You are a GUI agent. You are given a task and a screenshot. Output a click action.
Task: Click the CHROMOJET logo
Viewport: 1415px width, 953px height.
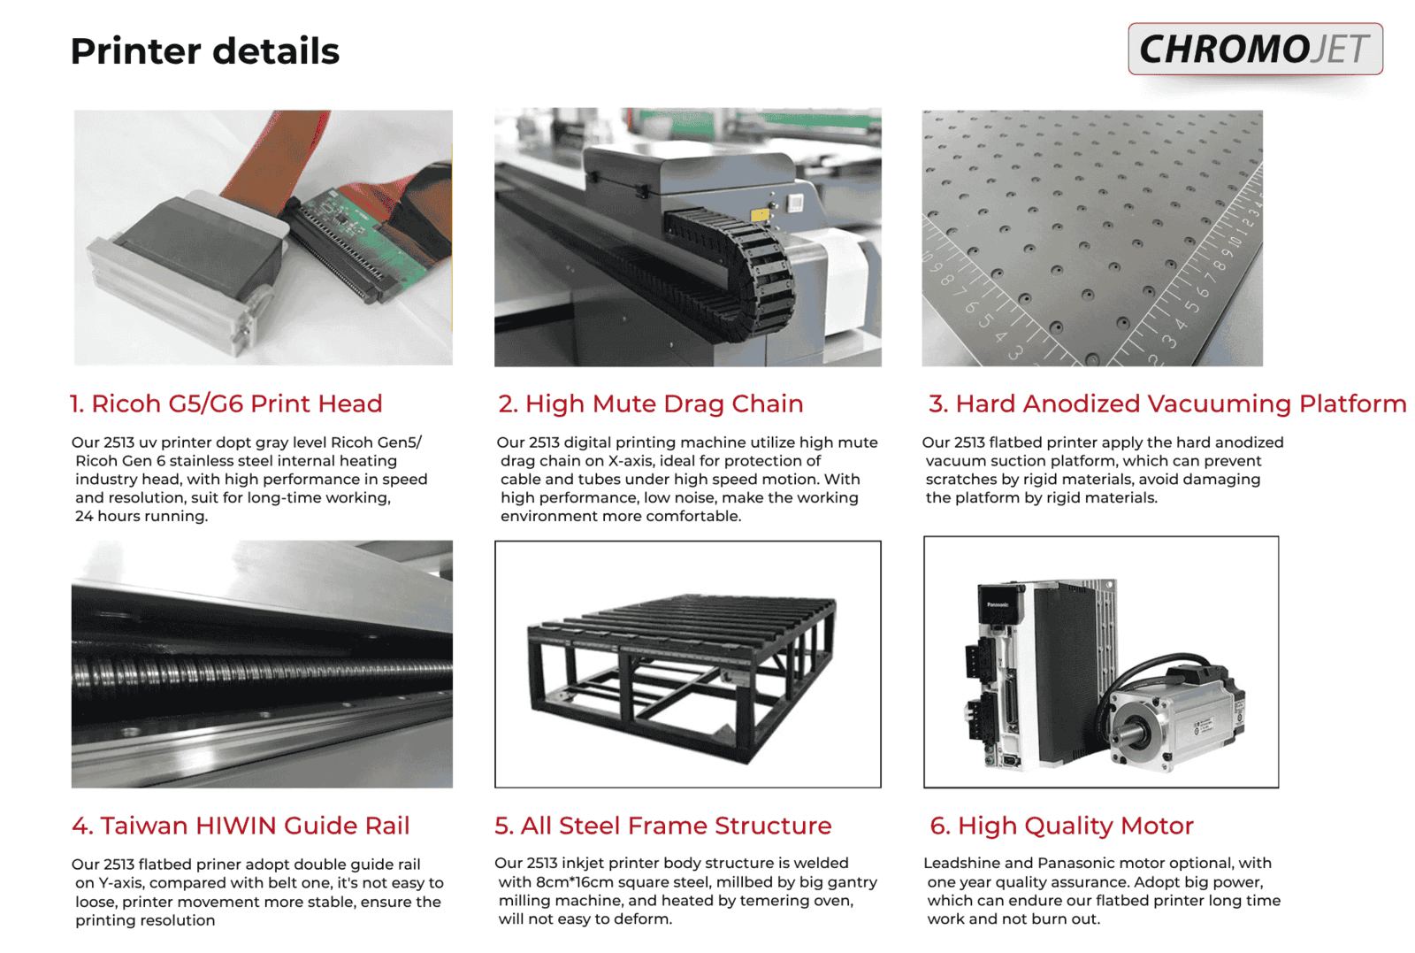tap(1255, 49)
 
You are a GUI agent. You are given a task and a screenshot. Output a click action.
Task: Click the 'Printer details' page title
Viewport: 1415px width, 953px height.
tap(204, 50)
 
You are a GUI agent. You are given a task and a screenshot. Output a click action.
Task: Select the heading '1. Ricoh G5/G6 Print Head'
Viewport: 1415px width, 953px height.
tap(226, 403)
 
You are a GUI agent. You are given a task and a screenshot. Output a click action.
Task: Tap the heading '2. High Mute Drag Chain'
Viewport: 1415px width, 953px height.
tap(651, 403)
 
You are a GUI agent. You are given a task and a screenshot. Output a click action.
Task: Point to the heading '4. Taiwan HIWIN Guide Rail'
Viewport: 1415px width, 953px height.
tap(241, 826)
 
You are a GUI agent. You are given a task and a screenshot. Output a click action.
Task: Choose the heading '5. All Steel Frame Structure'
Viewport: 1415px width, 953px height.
tap(662, 826)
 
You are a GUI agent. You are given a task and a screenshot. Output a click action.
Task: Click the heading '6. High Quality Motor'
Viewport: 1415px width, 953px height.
tap(1061, 826)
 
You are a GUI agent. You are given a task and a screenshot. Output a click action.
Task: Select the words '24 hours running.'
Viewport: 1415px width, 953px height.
tap(141, 516)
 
